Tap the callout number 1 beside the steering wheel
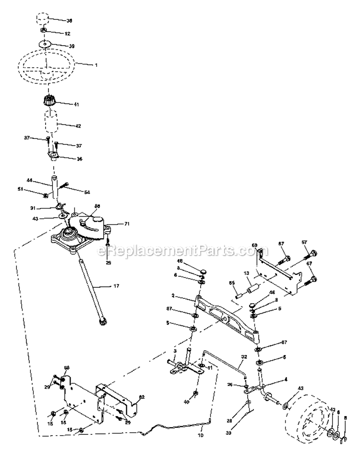click(x=96, y=64)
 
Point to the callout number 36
click(x=79, y=159)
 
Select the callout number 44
click(x=29, y=180)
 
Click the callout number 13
click(x=247, y=273)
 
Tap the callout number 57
click(x=304, y=242)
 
